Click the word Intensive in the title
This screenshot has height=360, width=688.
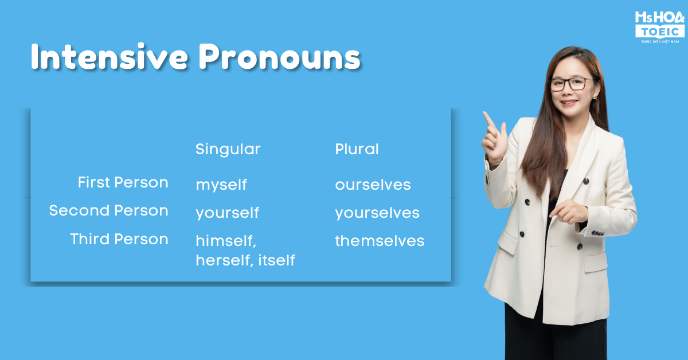[110, 57]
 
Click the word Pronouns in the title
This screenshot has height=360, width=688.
[280, 57]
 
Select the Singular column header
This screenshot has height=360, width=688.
[228, 150]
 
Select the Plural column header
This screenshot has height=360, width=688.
[357, 149]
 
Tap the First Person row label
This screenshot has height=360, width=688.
[123, 182]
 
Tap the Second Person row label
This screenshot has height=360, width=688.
[109, 210]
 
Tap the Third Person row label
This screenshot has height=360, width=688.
[119, 239]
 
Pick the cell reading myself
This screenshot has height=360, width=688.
[221, 185]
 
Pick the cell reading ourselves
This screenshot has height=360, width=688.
[373, 185]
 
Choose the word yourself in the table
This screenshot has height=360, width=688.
[227, 213]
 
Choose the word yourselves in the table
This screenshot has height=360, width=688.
[377, 213]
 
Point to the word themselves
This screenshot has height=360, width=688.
[380, 241]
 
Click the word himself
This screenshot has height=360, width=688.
[226, 241]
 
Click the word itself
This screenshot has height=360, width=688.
[276, 260]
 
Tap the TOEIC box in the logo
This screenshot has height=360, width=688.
[660, 32]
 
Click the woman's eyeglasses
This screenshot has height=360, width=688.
[572, 84]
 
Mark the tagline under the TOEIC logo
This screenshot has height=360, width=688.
[660, 41]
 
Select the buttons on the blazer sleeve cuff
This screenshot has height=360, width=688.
[597, 233]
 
